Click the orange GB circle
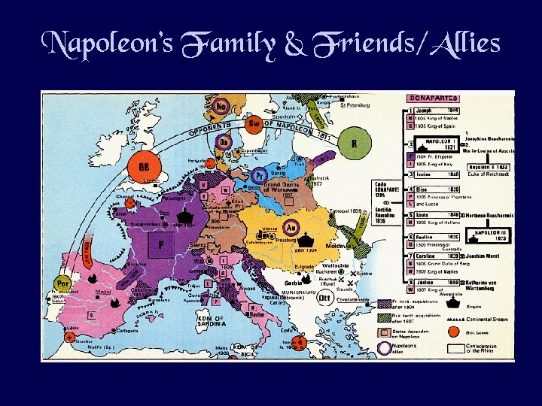pyautogui.click(x=144, y=166)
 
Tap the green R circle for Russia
pyautogui.click(x=354, y=143)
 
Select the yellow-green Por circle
pyautogui.click(x=62, y=284)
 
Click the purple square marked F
pyautogui.click(x=161, y=244)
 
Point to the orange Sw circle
pyautogui.click(x=255, y=123)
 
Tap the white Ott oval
pyautogui.click(x=325, y=297)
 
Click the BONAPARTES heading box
pyautogui.click(x=432, y=98)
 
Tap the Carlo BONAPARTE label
pyautogui.click(x=383, y=189)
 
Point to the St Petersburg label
pyautogui.click(x=353, y=105)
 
